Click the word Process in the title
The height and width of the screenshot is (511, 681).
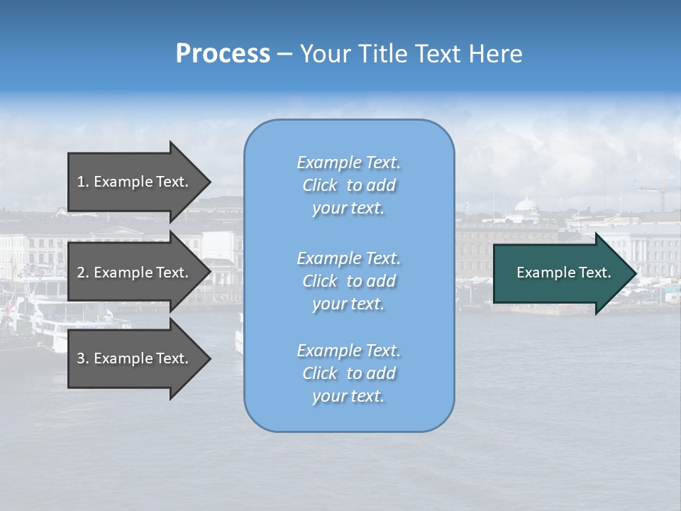point(223,54)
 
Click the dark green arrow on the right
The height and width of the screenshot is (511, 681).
point(560,273)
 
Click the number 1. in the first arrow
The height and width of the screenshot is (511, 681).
point(83,182)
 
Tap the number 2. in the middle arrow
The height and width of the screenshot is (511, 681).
point(83,273)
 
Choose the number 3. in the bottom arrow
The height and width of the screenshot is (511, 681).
point(83,358)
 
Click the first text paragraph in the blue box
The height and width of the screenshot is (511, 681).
point(349,185)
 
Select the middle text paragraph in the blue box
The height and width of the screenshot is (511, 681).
point(349,281)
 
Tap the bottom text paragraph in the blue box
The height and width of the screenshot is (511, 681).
point(349,373)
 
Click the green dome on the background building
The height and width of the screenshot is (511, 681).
point(526,205)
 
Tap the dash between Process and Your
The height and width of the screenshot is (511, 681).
point(284,55)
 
